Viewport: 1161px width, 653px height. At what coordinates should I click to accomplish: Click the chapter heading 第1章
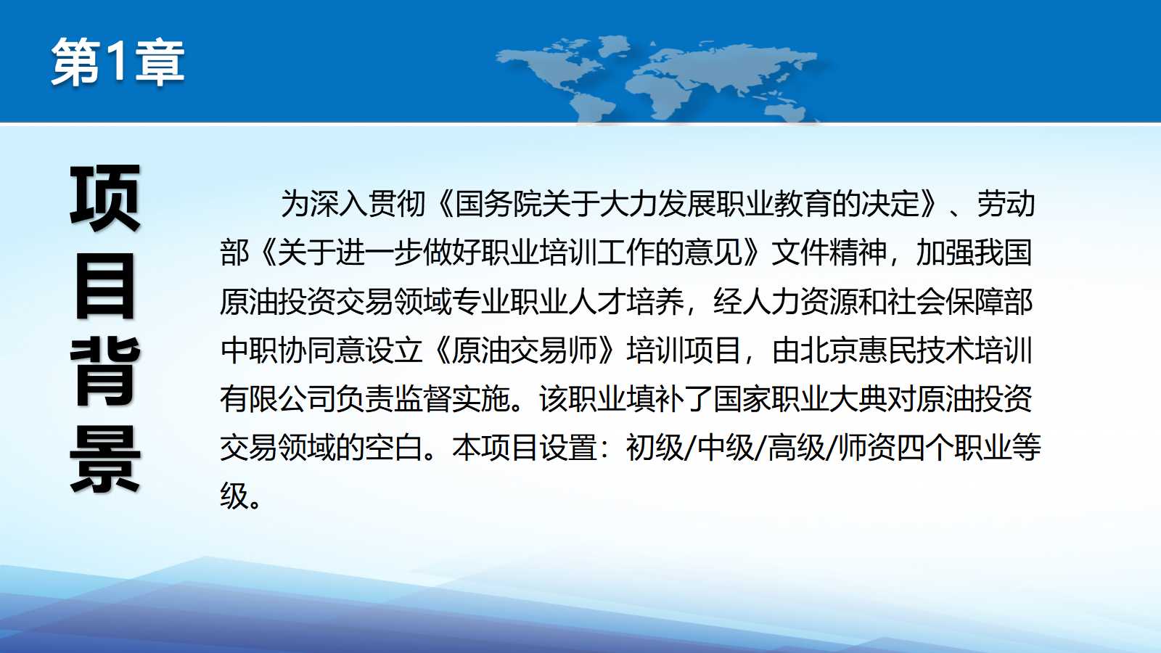118,62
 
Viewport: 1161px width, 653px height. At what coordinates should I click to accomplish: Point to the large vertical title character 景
105,458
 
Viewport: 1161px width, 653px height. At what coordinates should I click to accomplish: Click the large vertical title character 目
105,286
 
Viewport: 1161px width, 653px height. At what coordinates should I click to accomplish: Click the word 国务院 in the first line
498,204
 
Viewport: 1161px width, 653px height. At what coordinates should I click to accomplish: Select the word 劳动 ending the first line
1006,204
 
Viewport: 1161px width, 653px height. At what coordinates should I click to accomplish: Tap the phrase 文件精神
829,252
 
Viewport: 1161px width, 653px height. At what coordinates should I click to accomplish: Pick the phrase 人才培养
626,301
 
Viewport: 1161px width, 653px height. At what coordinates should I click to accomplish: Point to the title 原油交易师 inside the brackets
524,350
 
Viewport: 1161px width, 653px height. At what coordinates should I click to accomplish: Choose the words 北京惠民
858,350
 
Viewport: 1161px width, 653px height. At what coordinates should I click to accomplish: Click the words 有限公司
278,398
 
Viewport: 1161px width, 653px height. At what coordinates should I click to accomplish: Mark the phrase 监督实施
453,398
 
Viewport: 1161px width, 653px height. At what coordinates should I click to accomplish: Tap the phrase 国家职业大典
800,398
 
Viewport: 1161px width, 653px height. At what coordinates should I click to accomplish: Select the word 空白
394,447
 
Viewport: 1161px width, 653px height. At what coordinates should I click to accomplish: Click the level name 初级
655,447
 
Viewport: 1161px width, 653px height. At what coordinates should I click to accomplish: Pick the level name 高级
796,447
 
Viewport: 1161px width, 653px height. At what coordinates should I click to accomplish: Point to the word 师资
867,447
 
